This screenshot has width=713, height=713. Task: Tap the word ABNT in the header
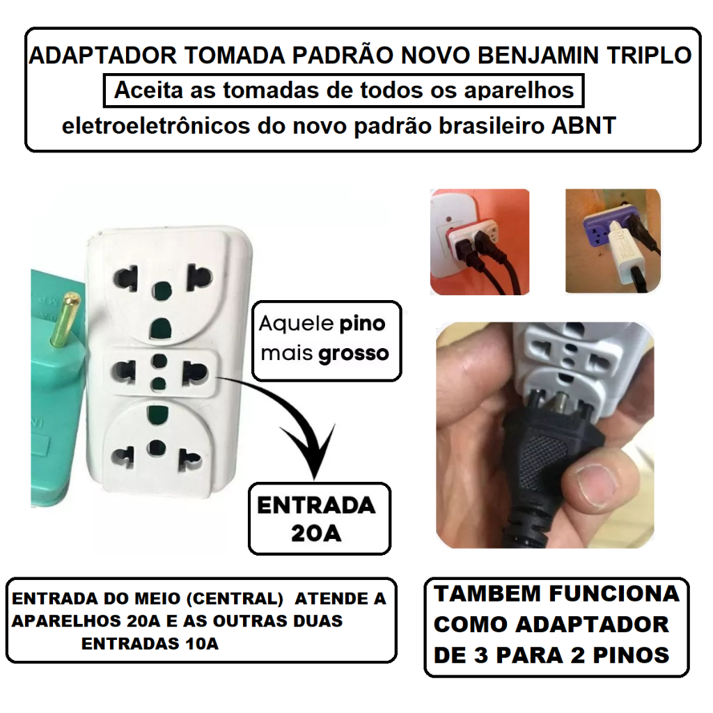coord(583,125)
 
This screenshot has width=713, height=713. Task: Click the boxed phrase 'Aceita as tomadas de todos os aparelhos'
coord(344,91)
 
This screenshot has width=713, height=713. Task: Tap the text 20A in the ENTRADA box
coord(317,533)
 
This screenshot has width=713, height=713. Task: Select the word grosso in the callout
coord(353,354)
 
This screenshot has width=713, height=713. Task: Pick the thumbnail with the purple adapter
coord(613,241)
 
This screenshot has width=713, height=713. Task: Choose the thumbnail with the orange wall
coord(480,242)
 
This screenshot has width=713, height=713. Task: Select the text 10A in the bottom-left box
coord(202,644)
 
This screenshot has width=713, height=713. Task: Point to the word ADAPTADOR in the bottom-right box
coord(592,625)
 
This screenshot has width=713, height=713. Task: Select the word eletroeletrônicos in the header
coord(155,125)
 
